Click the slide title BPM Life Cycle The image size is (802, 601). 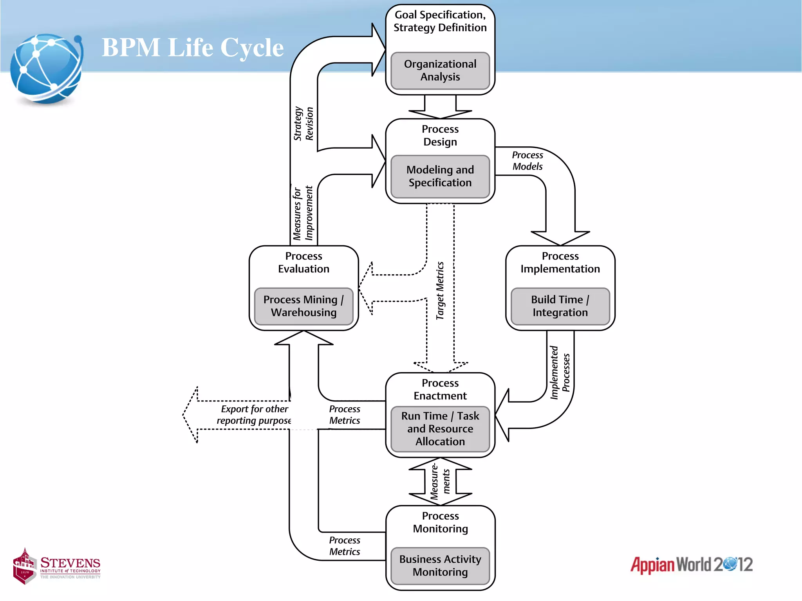tap(192, 47)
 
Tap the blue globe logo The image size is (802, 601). tap(46, 70)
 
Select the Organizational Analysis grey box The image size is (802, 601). tap(440, 71)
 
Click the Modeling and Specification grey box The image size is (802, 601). tap(440, 176)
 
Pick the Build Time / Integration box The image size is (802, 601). tap(560, 306)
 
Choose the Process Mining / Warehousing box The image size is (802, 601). tap(303, 306)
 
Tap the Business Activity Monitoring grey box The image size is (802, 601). tap(440, 566)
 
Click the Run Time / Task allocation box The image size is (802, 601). tap(440, 429)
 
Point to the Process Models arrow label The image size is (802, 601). tap(527, 161)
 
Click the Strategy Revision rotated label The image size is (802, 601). tap(303, 124)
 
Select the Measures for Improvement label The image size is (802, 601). tap(303, 213)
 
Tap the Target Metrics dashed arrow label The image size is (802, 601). tap(440, 291)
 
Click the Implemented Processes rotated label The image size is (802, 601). tap(560, 372)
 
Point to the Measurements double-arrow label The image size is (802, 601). tap(440, 482)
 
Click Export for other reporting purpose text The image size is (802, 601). tap(254, 415)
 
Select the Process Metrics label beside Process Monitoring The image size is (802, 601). tap(344, 546)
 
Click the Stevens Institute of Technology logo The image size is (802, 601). tap(57, 566)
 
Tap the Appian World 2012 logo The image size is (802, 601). tap(691, 565)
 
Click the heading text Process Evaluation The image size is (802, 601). tap(303, 263)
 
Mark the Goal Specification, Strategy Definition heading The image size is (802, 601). tap(440, 21)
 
